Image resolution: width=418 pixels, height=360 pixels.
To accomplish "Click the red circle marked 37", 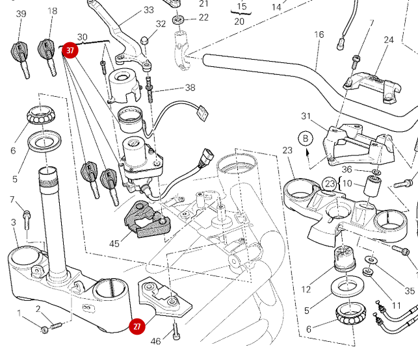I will (70, 49).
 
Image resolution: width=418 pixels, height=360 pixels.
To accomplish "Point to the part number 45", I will (114, 244).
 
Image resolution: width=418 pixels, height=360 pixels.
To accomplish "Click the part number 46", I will (155, 341).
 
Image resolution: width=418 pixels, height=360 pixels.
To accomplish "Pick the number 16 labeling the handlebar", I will (319, 34).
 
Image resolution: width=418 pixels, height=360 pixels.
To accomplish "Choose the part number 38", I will (190, 88).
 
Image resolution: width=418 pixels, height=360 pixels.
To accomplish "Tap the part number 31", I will (307, 116).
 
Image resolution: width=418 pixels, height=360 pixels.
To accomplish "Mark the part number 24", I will (389, 40).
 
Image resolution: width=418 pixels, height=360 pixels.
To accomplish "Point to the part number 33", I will (149, 10).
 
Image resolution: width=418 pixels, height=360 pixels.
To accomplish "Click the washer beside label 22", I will (180, 19).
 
